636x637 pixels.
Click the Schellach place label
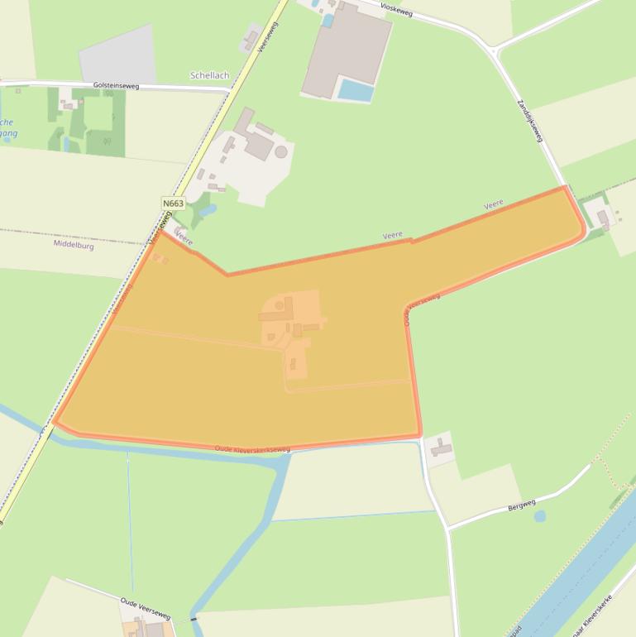(x=209, y=75)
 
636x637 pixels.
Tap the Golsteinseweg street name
(x=116, y=85)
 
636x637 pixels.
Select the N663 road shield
(x=173, y=204)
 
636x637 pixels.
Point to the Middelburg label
(x=74, y=245)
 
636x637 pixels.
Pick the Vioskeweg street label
(x=396, y=8)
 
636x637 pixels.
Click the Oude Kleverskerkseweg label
(x=252, y=449)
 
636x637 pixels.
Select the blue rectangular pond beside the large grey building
(x=356, y=89)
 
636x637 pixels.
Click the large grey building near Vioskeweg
(x=346, y=49)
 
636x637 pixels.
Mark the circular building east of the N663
(x=281, y=152)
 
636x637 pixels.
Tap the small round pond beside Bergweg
(x=540, y=516)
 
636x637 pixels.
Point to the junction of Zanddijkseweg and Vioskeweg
(x=494, y=51)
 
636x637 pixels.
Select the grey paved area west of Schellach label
(x=118, y=55)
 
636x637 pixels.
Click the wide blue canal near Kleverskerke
(x=571, y=579)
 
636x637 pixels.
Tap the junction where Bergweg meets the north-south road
(x=448, y=526)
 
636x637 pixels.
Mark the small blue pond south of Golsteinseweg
(x=66, y=143)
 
